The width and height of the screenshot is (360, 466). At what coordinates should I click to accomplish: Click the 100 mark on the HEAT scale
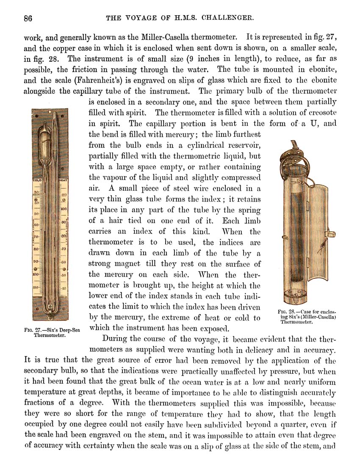click(64, 209)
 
